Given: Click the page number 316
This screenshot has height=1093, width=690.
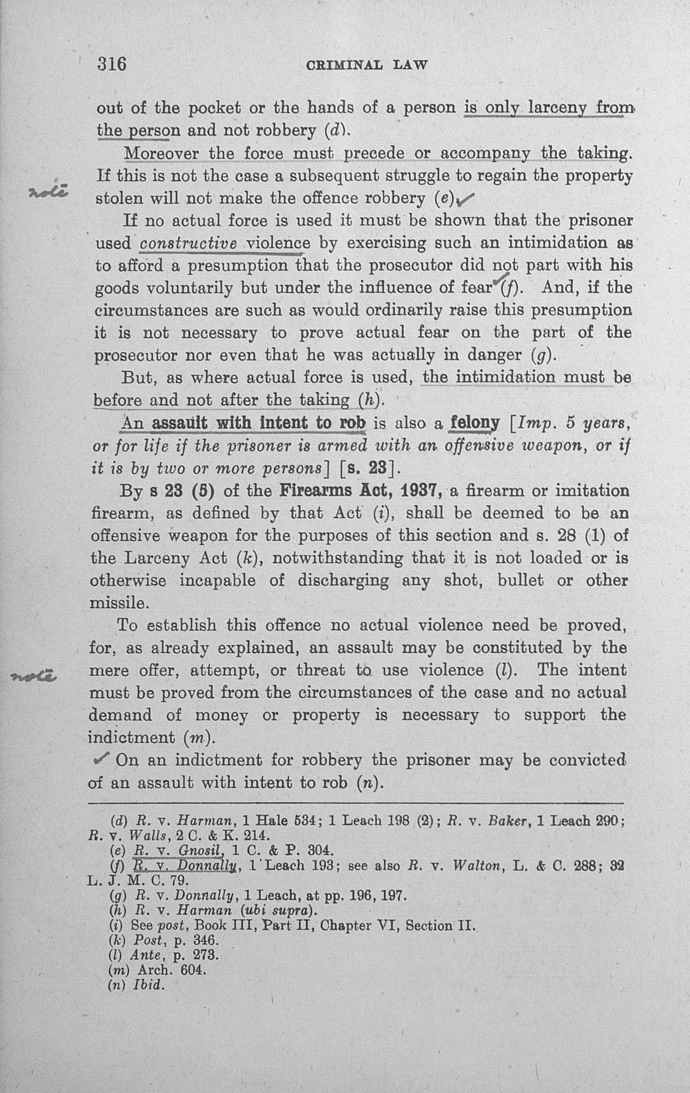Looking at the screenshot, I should pyautogui.click(x=112, y=64).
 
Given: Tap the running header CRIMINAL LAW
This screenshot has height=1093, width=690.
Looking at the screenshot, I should pyautogui.click(x=367, y=65).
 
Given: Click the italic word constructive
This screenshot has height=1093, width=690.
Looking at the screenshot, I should pyautogui.click(x=188, y=243).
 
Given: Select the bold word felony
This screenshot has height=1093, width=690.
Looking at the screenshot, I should pyautogui.click(x=474, y=423).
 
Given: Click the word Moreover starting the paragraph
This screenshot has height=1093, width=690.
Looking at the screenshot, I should pyautogui.click(x=161, y=153).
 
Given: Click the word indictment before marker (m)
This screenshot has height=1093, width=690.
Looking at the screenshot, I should pyautogui.click(x=131, y=737).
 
